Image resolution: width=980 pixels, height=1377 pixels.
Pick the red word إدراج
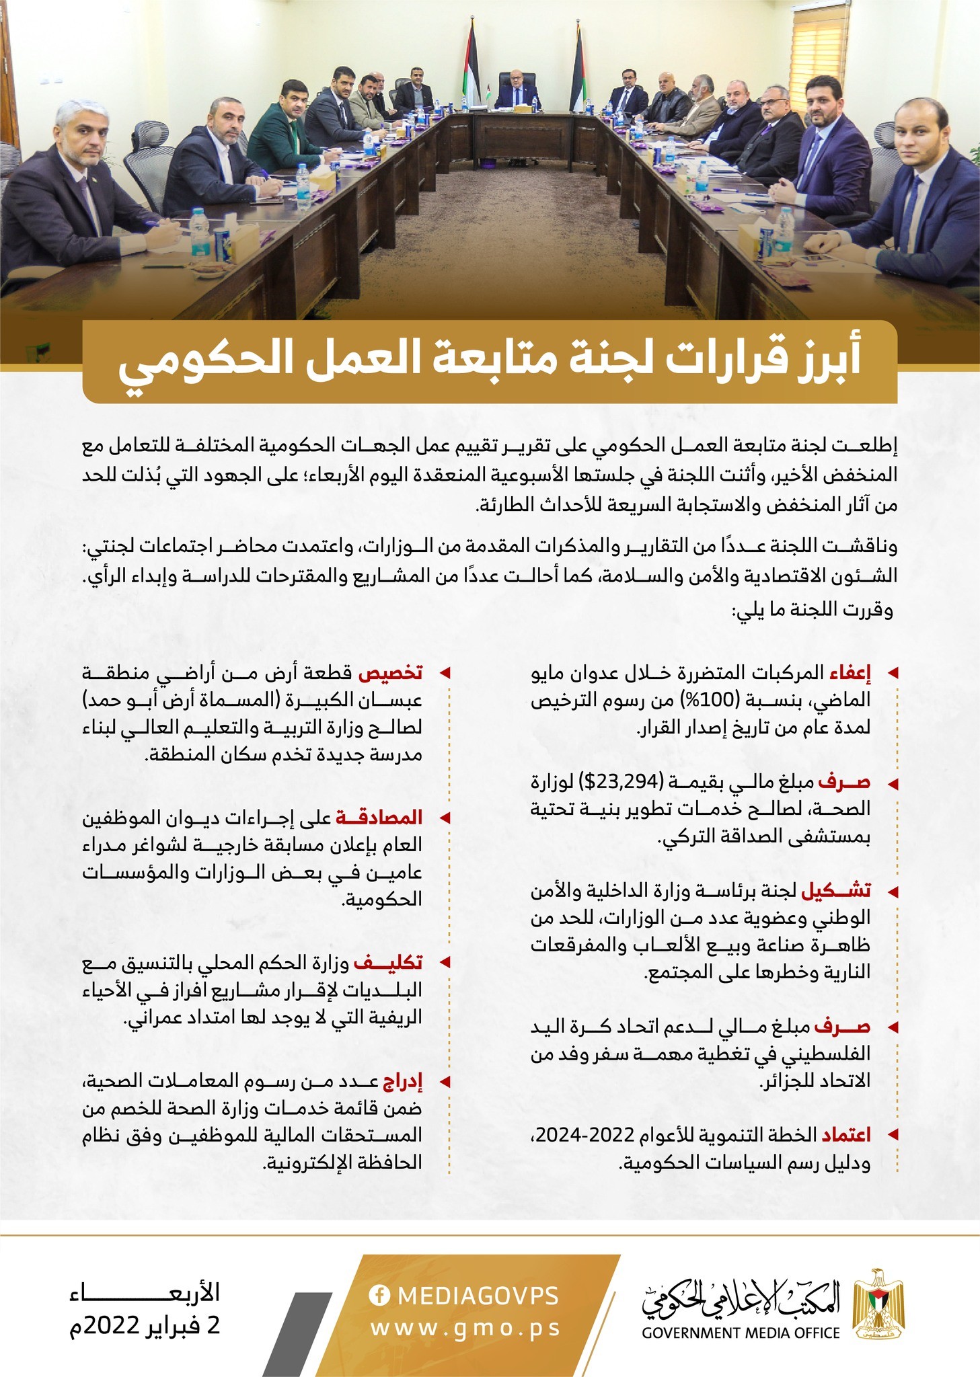(x=402, y=1082)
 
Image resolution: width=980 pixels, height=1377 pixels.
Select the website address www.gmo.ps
(x=465, y=1328)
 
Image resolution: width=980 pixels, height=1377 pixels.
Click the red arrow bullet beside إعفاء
(x=893, y=673)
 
